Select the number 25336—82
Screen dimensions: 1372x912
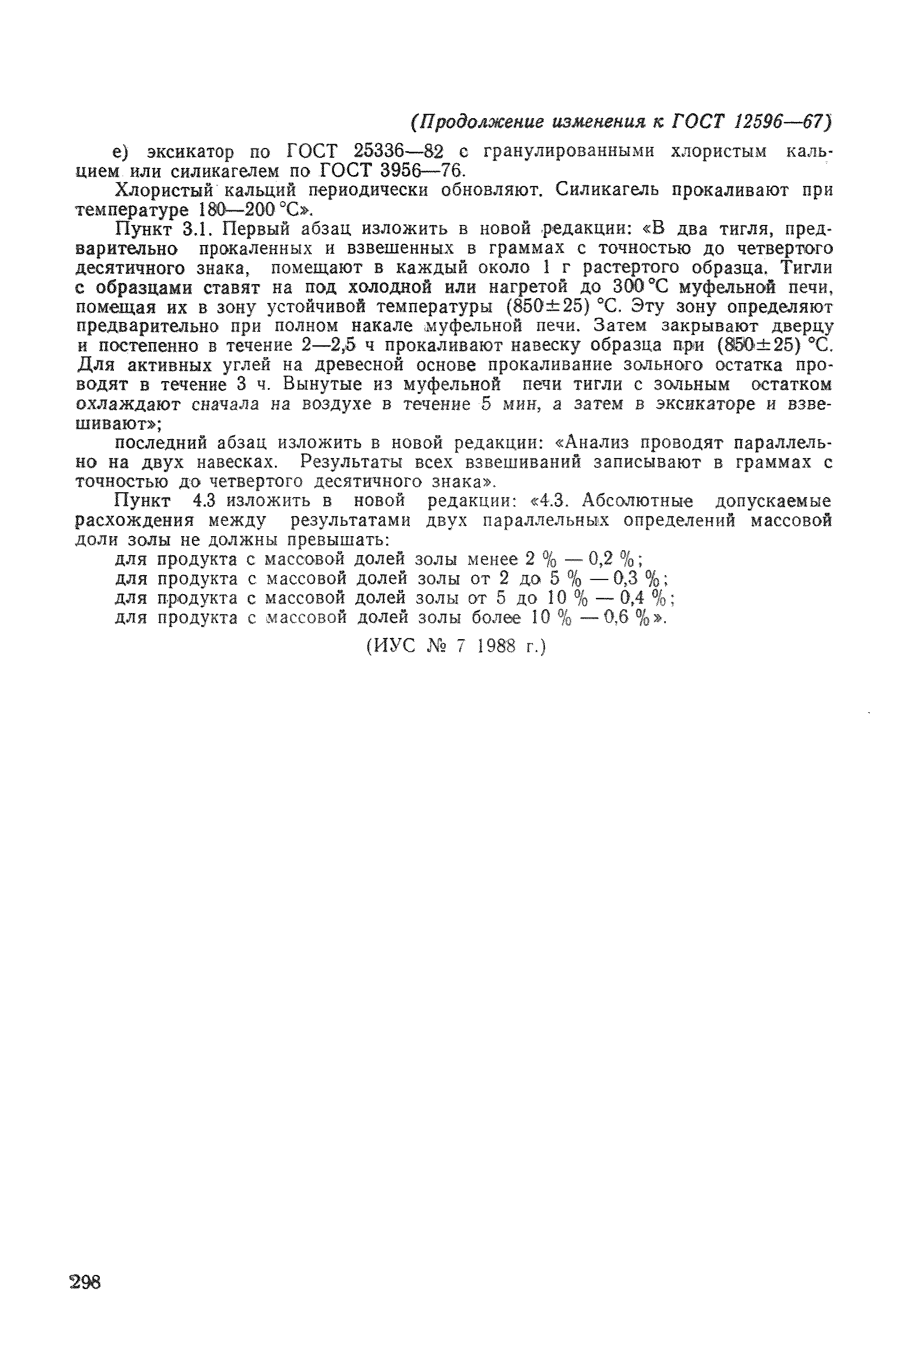tap(398, 151)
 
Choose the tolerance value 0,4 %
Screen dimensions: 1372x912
tap(645, 598)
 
